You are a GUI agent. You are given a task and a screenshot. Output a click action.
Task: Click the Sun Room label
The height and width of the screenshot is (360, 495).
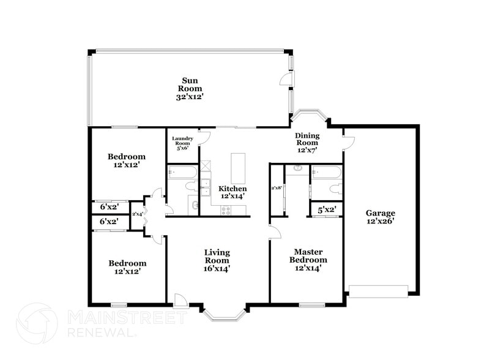click(x=190, y=89)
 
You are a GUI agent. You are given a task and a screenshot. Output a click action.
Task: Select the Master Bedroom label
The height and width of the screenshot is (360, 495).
click(x=308, y=260)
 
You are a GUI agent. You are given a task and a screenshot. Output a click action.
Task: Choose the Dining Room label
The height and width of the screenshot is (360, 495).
click(x=307, y=143)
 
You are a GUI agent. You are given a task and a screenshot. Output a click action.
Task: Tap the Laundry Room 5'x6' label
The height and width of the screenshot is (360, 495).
click(x=182, y=143)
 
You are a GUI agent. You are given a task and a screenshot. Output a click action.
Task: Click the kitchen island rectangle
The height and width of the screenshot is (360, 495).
click(x=238, y=168)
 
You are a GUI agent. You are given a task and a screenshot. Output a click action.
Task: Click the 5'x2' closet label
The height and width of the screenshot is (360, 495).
click(x=326, y=210)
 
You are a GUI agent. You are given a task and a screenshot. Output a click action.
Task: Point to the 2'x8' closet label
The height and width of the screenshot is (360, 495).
click(x=276, y=188)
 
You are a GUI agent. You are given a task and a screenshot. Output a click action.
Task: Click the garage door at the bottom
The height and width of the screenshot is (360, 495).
click(x=378, y=290)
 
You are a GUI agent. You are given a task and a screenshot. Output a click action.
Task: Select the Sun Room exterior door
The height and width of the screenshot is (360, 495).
click(x=285, y=80)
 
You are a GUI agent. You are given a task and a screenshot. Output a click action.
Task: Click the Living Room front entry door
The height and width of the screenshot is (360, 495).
click(x=181, y=300)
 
